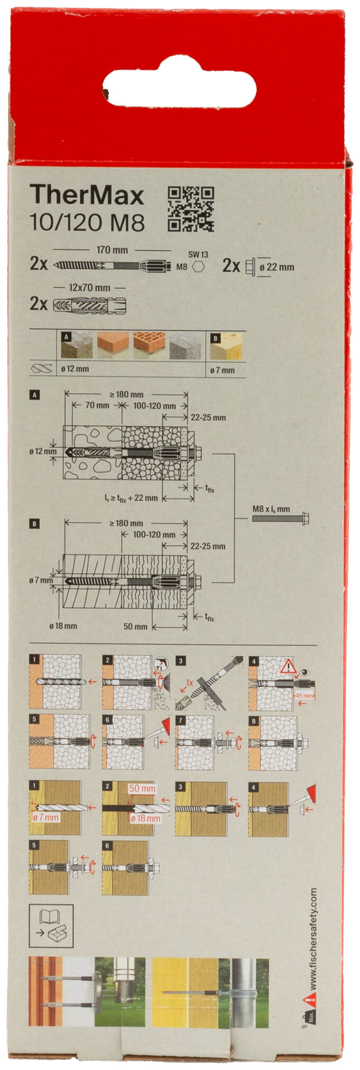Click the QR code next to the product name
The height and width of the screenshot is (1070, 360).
[190, 209]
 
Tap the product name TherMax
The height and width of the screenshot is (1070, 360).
[87, 196]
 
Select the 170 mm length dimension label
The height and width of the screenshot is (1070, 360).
[112, 250]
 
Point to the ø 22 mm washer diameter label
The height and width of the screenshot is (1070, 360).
[276, 267]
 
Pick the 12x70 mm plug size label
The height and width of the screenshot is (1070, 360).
[89, 288]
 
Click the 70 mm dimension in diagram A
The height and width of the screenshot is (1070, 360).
[97, 405]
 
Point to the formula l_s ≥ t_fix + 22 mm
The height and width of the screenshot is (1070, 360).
[131, 497]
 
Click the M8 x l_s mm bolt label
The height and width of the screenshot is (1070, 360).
[271, 509]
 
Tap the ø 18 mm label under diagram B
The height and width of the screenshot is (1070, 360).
[63, 626]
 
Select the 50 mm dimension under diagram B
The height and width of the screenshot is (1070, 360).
[135, 626]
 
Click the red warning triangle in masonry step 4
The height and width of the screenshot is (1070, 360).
[288, 666]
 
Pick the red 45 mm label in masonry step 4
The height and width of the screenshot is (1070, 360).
[304, 696]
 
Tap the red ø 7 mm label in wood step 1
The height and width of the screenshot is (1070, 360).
[46, 817]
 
